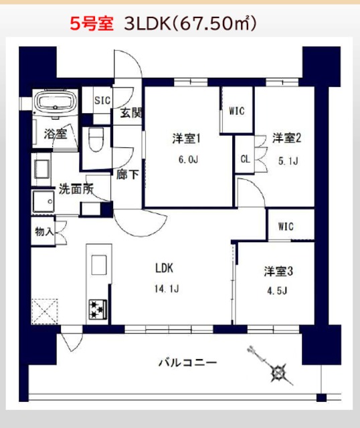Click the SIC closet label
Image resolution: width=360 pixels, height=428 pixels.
click(102, 100)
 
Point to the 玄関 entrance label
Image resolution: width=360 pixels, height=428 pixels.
click(131, 113)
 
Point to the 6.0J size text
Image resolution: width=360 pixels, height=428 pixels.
click(187, 160)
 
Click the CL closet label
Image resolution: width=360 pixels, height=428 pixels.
click(245, 159)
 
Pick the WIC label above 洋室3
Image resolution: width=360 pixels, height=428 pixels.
click(285, 226)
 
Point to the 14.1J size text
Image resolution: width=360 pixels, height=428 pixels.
click(165, 290)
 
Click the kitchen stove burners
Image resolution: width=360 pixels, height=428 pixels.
click(98, 308)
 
